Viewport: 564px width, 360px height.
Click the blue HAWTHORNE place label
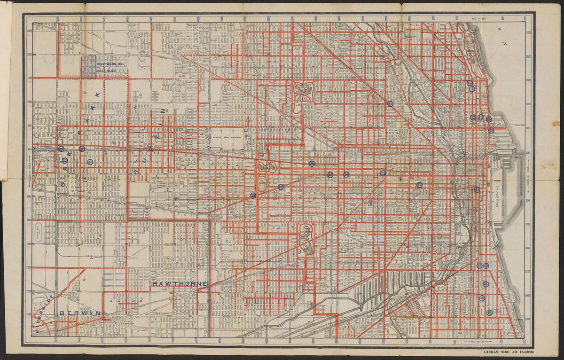tap(180, 284)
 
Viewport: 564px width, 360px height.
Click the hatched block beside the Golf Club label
tap(88, 66)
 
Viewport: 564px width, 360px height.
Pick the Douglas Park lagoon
tap(306, 240)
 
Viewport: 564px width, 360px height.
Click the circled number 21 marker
tap(390, 104)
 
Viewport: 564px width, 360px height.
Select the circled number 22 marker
tap(419, 185)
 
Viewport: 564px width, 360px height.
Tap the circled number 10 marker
tap(470, 83)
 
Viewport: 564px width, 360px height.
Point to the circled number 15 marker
tap(491, 131)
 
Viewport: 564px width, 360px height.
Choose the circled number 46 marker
tap(489, 313)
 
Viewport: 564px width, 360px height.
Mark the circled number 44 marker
tap(486, 284)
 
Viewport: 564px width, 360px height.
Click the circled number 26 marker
tap(253, 196)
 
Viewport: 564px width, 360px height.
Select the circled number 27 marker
tap(281, 187)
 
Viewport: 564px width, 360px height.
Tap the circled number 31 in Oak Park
tap(90, 162)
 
